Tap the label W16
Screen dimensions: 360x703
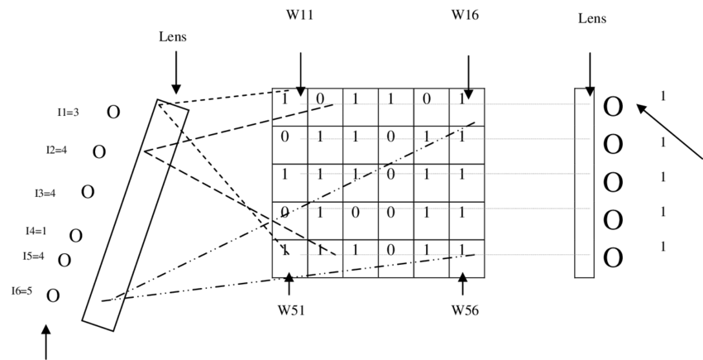pyautogui.click(x=465, y=15)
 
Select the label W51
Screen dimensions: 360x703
pyautogui.click(x=289, y=311)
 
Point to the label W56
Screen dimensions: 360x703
pyautogui.click(x=464, y=311)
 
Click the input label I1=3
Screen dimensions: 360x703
pyautogui.click(x=68, y=113)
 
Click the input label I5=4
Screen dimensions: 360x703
pyautogui.click(x=33, y=256)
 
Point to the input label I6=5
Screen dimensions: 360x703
pyautogui.click(x=22, y=290)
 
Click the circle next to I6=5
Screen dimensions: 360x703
pyautogui.click(x=53, y=295)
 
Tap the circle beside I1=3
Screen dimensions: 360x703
pyautogui.click(x=113, y=113)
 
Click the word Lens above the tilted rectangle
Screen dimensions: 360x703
pyautogui.click(x=175, y=37)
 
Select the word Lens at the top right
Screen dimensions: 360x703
pyautogui.click(x=592, y=18)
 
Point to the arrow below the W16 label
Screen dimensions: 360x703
pyautogui.click(x=468, y=76)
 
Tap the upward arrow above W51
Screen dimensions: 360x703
pyautogui.click(x=289, y=284)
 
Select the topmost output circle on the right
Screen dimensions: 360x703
pyautogui.click(x=613, y=106)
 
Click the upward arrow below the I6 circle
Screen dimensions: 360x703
pyautogui.click(x=45, y=341)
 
